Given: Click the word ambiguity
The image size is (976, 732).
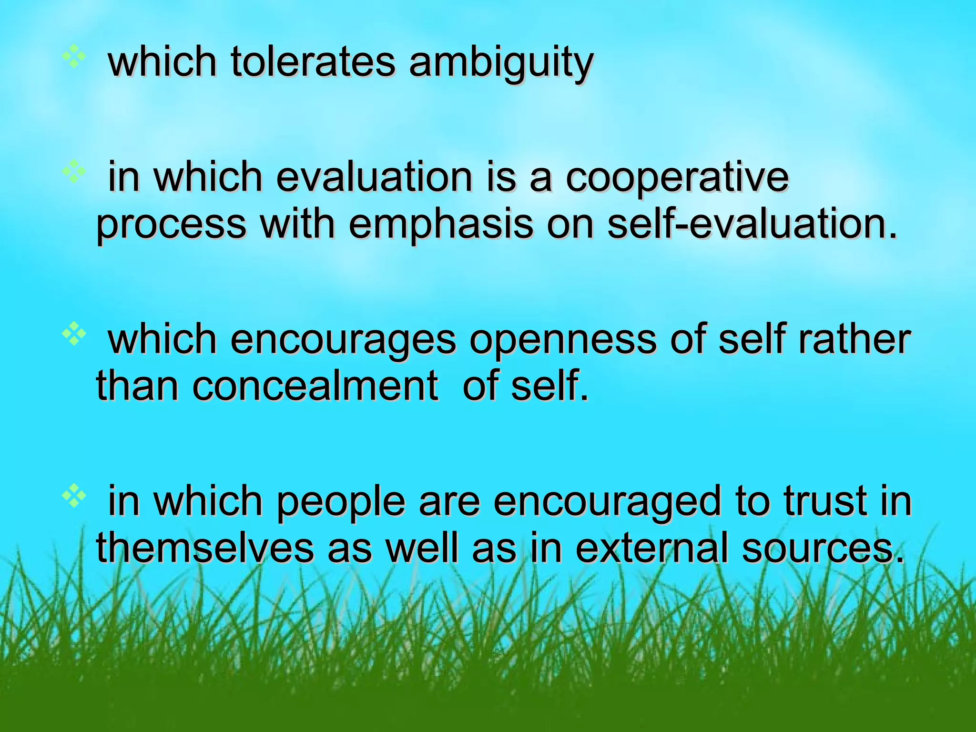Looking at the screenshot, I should [501, 63].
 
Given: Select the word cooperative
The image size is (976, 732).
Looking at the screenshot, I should [677, 178].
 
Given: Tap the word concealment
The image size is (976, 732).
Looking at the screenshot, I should [267, 386].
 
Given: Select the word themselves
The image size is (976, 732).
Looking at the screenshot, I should [205, 548].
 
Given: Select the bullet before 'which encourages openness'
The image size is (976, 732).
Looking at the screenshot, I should [74, 335].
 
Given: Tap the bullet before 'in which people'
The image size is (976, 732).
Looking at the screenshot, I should [74, 497].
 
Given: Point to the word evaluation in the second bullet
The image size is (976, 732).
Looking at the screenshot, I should [374, 178].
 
